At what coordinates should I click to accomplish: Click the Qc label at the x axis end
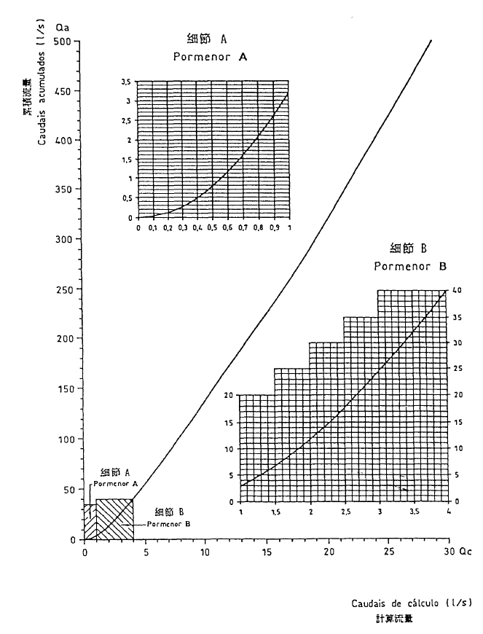coord(466,552)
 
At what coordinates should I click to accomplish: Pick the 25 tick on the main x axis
coord(390,552)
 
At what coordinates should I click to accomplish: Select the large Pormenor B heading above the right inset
coord(409,267)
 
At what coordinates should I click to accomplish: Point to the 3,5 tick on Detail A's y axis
coord(126,81)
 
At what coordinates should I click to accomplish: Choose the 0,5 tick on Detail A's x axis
coord(213,227)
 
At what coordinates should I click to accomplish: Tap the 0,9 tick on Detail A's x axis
coord(274,227)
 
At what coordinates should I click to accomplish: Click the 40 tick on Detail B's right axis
coord(456,291)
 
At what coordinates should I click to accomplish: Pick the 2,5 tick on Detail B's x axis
coord(344,512)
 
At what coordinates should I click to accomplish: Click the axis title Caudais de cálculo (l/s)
coord(411,603)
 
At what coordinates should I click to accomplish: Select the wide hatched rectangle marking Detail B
coord(114,519)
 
